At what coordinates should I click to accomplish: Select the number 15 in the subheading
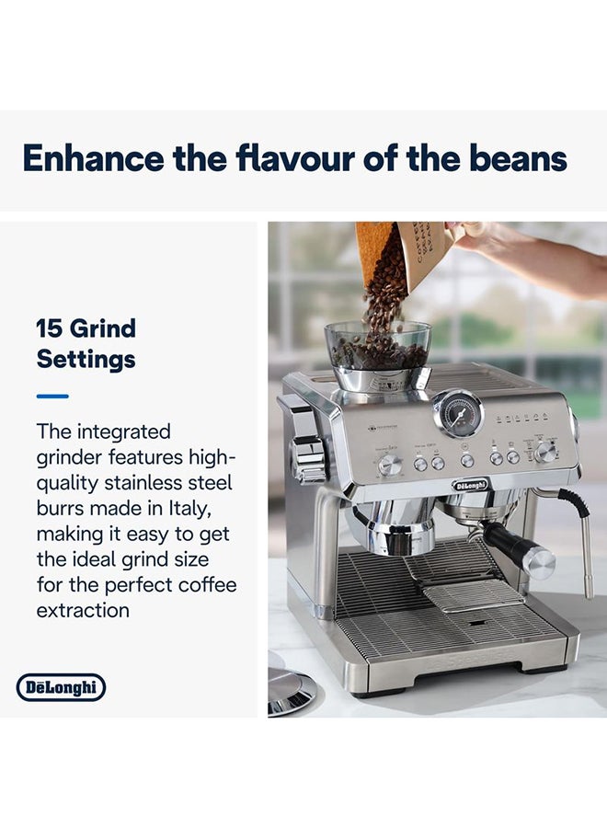coord(50,328)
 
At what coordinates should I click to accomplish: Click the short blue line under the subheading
coord(52,396)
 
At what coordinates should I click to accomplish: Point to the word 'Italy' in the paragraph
coord(207,508)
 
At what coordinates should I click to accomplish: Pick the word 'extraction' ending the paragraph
coord(83,610)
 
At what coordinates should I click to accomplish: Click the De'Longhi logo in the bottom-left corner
coord(62,687)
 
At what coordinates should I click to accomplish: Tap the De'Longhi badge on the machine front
coord(471,484)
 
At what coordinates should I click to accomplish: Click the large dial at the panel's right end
coord(546,451)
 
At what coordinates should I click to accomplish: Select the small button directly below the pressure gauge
coord(467,459)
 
